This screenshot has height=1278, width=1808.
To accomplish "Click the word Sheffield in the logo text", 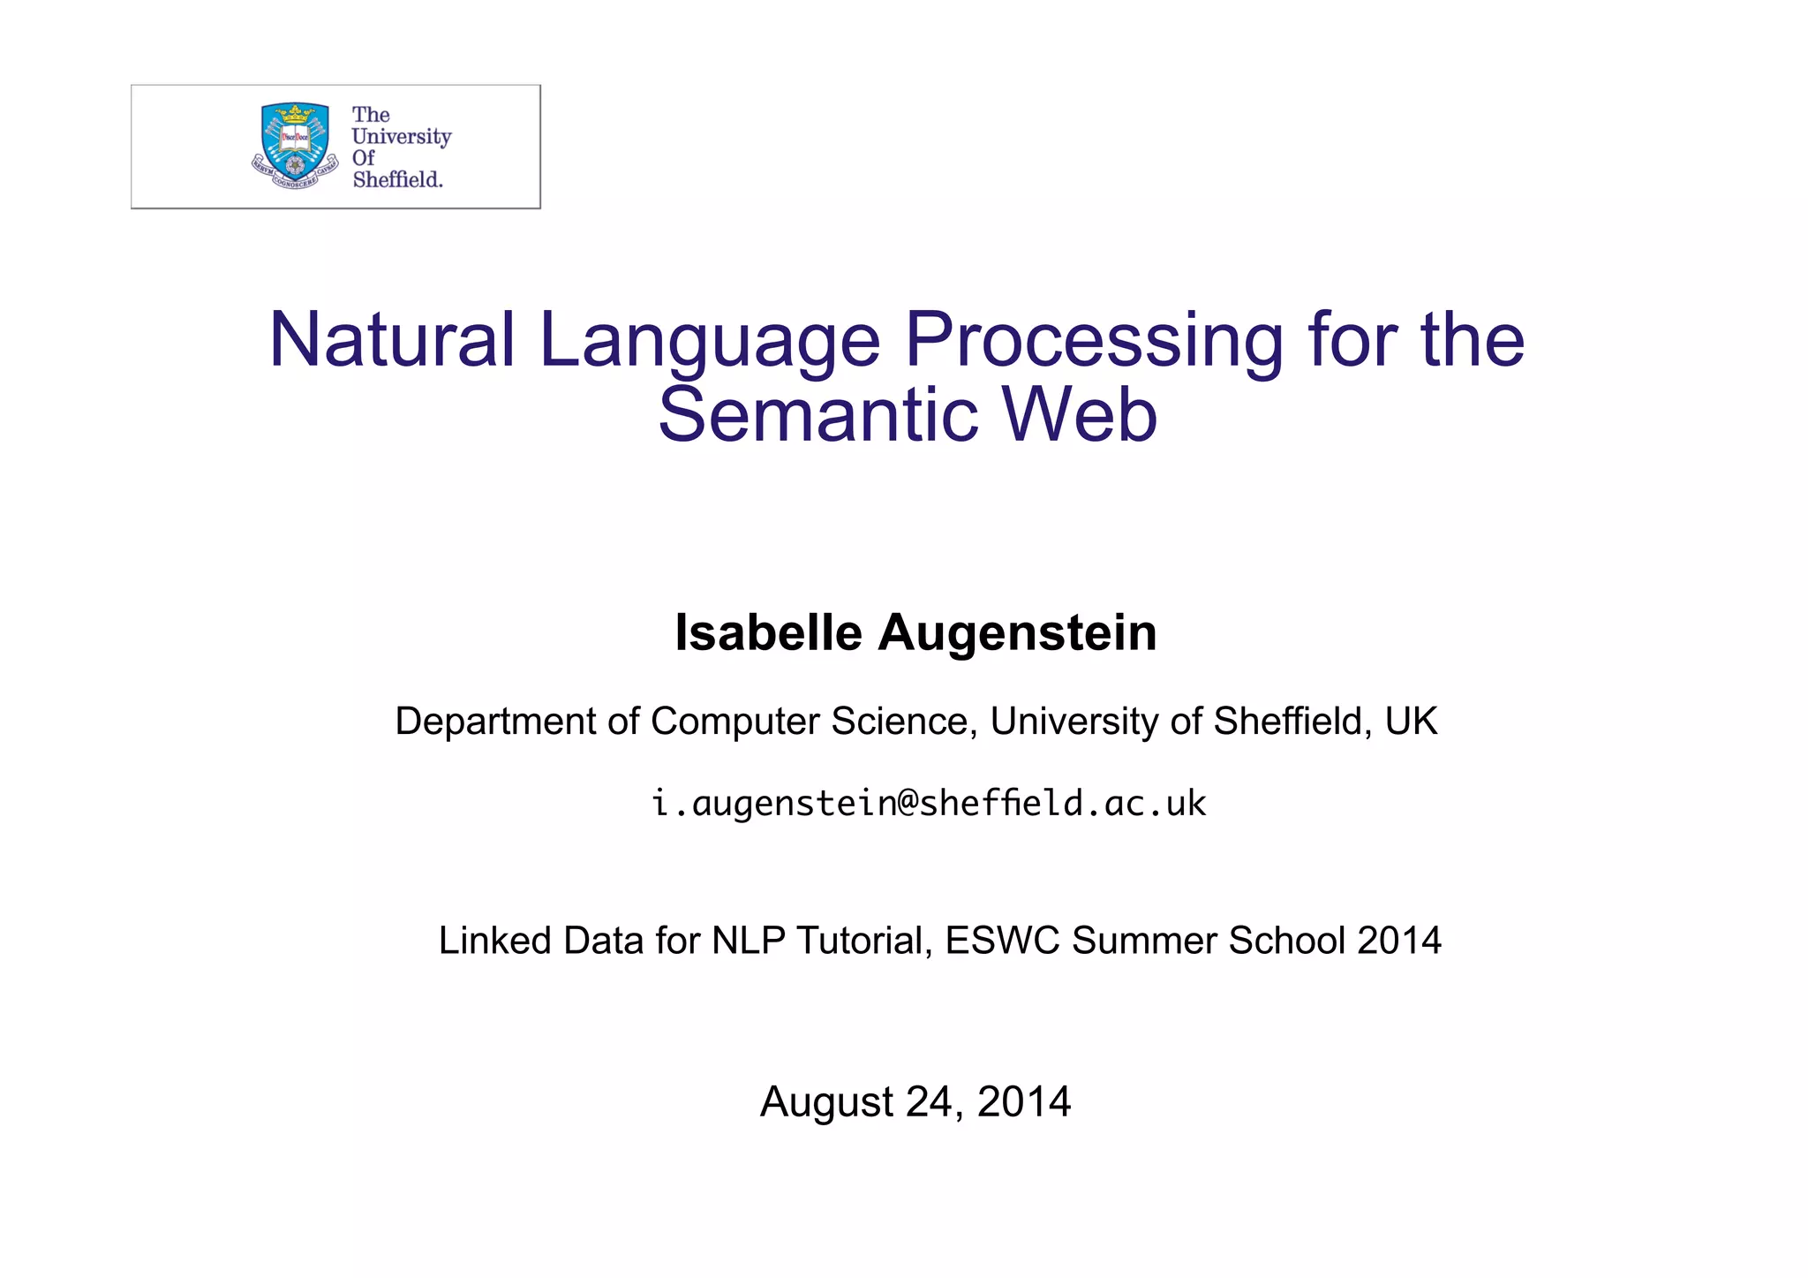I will click(x=397, y=179).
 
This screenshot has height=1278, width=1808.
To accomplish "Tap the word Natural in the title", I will click(x=392, y=340).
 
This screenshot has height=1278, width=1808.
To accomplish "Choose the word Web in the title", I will click(x=1080, y=415).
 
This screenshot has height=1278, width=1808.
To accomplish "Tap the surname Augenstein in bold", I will click(x=1017, y=634).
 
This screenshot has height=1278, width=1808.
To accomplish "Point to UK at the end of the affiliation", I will click(x=1411, y=722).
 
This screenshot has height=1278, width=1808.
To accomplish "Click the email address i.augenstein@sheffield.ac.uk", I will click(x=929, y=804).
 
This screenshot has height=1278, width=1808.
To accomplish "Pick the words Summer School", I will click(x=1209, y=941).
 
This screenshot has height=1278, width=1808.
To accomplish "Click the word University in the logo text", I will click(x=401, y=137).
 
